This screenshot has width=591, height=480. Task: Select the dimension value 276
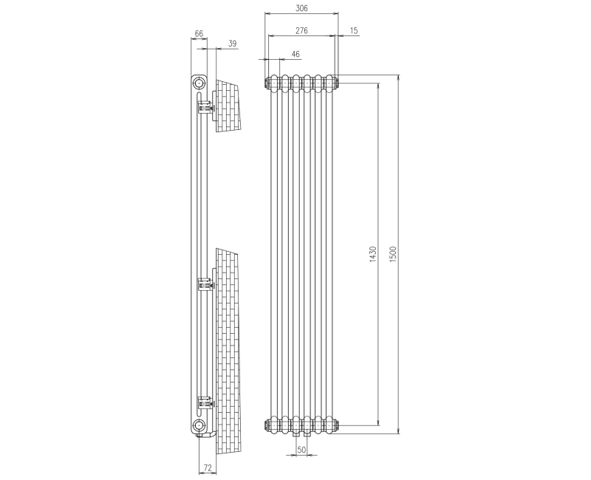301,30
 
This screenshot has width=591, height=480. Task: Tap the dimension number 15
355,30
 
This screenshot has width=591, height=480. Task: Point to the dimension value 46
295,54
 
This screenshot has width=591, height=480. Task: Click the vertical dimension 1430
373,255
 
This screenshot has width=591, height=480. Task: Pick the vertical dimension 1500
394,255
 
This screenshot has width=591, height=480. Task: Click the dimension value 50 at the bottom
301,449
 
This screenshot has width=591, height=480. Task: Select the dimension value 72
208,468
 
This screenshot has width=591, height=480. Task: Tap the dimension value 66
199,34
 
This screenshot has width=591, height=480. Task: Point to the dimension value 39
232,44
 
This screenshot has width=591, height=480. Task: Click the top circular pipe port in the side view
198,83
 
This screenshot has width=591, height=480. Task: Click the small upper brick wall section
228,106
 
